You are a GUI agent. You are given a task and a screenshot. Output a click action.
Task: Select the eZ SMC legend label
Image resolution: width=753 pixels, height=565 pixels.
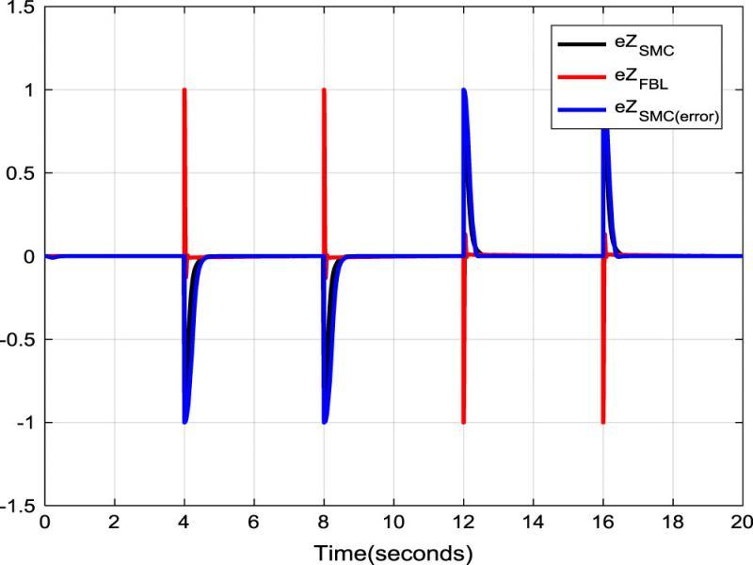(x=640, y=42)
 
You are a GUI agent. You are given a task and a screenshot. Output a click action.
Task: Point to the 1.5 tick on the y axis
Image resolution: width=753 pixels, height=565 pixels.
(x=22, y=8)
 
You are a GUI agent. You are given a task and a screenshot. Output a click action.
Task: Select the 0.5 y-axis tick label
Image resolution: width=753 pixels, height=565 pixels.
(x=22, y=173)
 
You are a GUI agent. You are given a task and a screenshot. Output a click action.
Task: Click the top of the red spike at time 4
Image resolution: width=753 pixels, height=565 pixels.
(x=184, y=90)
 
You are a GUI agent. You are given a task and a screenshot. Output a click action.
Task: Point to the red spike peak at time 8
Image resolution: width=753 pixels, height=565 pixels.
(x=324, y=90)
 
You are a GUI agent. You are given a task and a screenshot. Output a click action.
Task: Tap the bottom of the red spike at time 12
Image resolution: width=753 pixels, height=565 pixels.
(x=463, y=422)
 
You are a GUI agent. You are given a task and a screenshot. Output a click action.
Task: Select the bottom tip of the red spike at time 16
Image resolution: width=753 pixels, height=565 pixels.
(x=602, y=422)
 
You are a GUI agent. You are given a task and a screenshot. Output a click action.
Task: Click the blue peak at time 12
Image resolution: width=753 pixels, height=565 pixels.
(x=464, y=91)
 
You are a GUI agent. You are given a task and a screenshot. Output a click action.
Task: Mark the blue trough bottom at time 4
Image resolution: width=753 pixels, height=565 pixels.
(x=185, y=421)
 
